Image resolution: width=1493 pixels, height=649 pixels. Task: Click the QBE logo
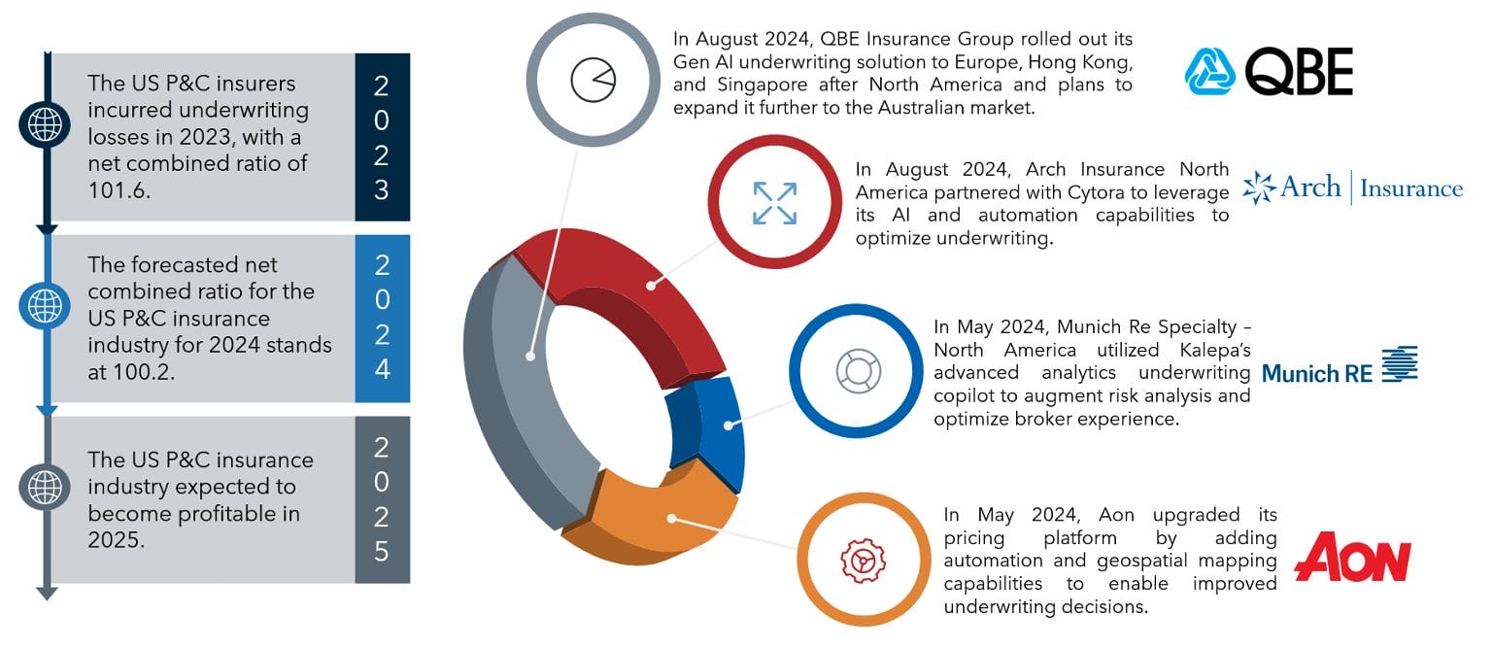coord(1269,71)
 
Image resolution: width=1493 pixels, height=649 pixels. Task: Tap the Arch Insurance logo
coord(1352,188)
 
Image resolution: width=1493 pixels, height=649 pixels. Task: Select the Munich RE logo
coord(1340,365)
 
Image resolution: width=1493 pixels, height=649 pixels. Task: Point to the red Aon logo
coord(1352,557)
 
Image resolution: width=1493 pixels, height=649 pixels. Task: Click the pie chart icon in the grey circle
coord(594,80)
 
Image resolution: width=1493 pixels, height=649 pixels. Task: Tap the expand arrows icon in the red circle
coord(774,202)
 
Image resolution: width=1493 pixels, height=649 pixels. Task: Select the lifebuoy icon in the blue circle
coord(859,371)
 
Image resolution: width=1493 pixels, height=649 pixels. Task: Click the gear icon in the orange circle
coord(864,561)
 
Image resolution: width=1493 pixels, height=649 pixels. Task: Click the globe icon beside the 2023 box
coord(45,124)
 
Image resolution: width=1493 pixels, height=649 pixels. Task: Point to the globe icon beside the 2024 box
coord(45,306)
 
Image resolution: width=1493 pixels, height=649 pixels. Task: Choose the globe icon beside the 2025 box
coord(45,487)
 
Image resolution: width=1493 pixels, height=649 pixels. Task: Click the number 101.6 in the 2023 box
coord(119,190)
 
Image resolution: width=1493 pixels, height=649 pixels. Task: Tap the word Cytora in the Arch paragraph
coord(1097,192)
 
